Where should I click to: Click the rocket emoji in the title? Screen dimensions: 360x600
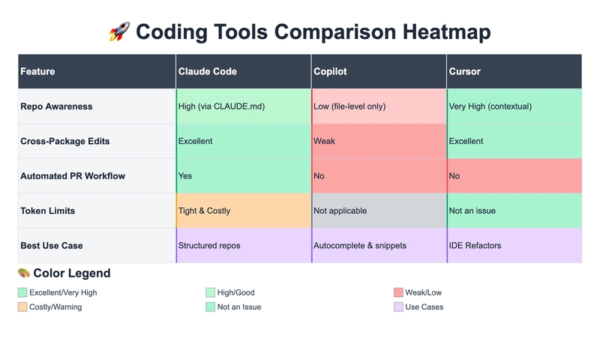pyautogui.click(x=119, y=32)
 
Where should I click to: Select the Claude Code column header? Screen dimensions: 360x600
pyautogui.click(x=207, y=71)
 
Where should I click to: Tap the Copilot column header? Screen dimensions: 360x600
pyautogui.click(x=330, y=71)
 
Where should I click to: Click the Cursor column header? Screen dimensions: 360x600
pyautogui.click(x=464, y=71)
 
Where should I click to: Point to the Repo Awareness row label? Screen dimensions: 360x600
pyautogui.click(x=56, y=106)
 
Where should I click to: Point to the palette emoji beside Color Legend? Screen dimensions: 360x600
pyautogui.click(x=24, y=273)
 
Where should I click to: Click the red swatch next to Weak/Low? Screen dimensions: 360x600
pyautogui.click(x=398, y=292)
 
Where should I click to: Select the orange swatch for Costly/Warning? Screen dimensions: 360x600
pyautogui.click(x=22, y=307)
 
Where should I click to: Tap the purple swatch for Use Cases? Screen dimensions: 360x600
pyautogui.click(x=398, y=307)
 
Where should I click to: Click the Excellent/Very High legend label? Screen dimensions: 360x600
pyautogui.click(x=63, y=292)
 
